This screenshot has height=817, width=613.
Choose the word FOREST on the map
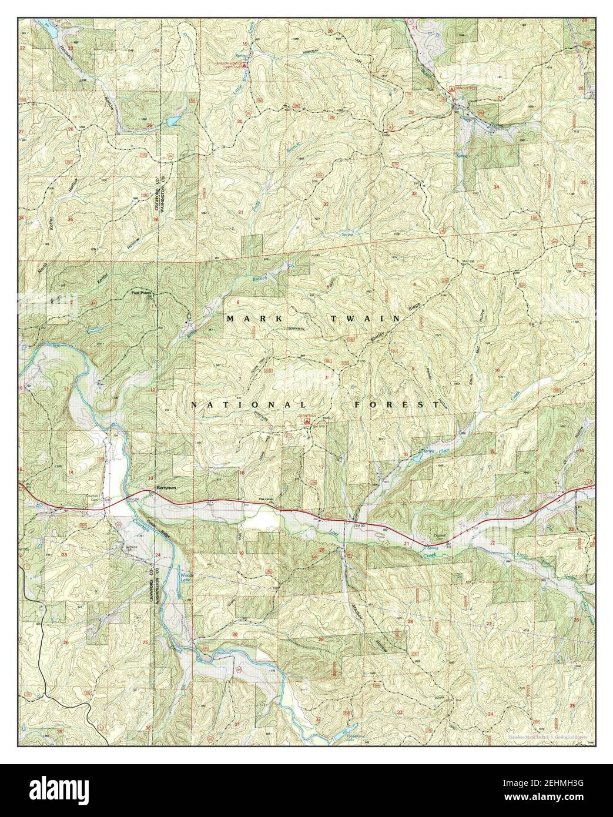[397, 406]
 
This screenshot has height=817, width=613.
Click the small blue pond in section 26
[172, 122]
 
